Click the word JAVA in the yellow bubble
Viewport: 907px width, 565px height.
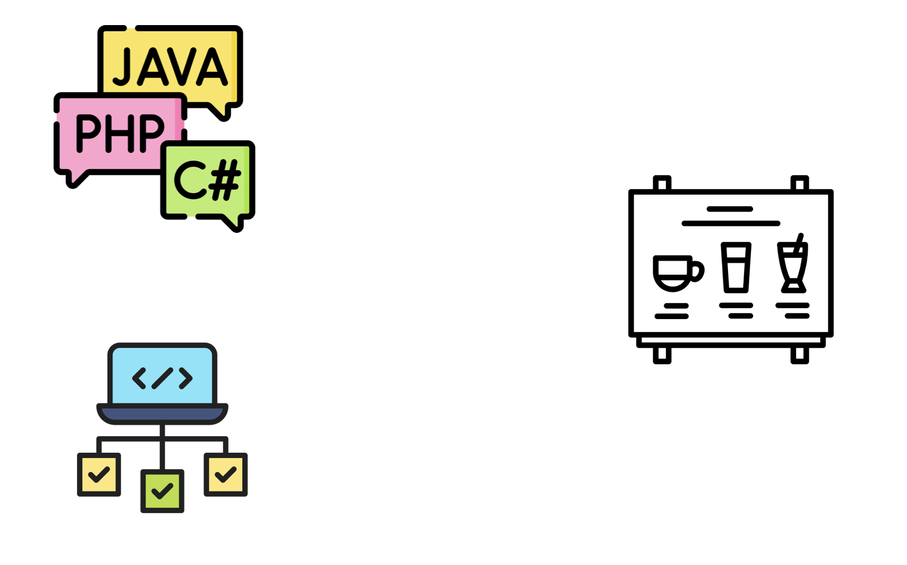point(170,68)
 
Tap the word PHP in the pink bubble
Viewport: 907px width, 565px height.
point(120,133)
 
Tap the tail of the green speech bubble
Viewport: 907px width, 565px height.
point(235,224)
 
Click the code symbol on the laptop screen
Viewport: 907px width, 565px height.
point(162,378)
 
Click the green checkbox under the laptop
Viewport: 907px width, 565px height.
point(162,491)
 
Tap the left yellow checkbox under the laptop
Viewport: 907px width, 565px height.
point(99,474)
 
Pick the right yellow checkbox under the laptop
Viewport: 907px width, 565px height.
point(225,474)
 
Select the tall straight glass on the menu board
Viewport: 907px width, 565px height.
point(736,267)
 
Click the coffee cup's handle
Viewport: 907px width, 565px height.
point(698,271)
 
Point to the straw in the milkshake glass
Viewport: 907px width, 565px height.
point(800,241)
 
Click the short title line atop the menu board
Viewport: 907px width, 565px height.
point(730,209)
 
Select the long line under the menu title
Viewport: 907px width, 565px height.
point(731,223)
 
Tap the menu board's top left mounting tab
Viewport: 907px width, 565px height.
point(662,183)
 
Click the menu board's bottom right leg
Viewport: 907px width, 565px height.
point(799,355)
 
